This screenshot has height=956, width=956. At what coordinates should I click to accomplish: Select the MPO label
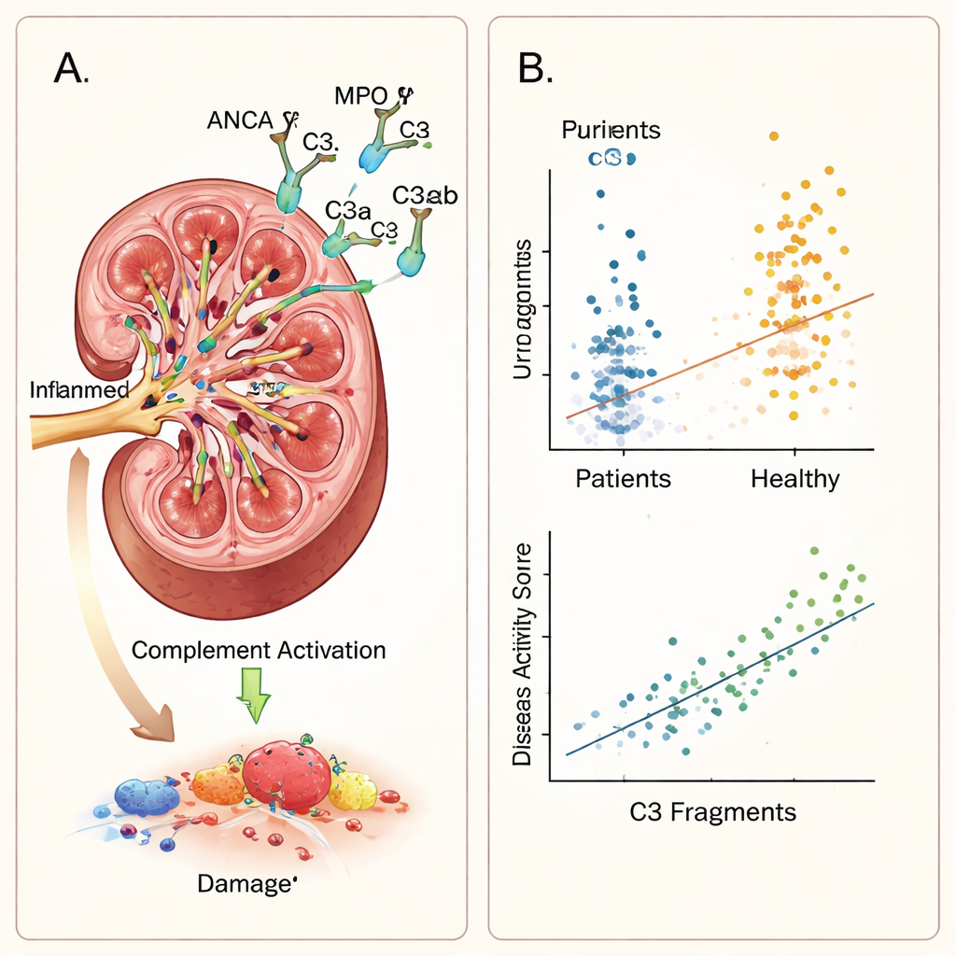361,95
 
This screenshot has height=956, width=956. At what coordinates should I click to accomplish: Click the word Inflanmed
78,389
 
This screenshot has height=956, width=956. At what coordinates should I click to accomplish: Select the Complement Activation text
259,650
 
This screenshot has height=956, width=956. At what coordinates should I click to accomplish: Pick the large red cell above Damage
287,776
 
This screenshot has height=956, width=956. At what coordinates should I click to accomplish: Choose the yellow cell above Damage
353,790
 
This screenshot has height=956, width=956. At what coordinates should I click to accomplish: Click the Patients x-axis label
623,479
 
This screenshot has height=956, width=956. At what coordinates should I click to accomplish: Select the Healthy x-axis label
794,479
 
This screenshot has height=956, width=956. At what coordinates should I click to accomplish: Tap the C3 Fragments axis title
712,811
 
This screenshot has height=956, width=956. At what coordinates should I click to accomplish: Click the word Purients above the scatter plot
611,130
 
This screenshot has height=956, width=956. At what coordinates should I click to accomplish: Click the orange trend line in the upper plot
719,356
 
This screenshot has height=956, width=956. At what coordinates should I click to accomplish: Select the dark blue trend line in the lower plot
719,679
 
